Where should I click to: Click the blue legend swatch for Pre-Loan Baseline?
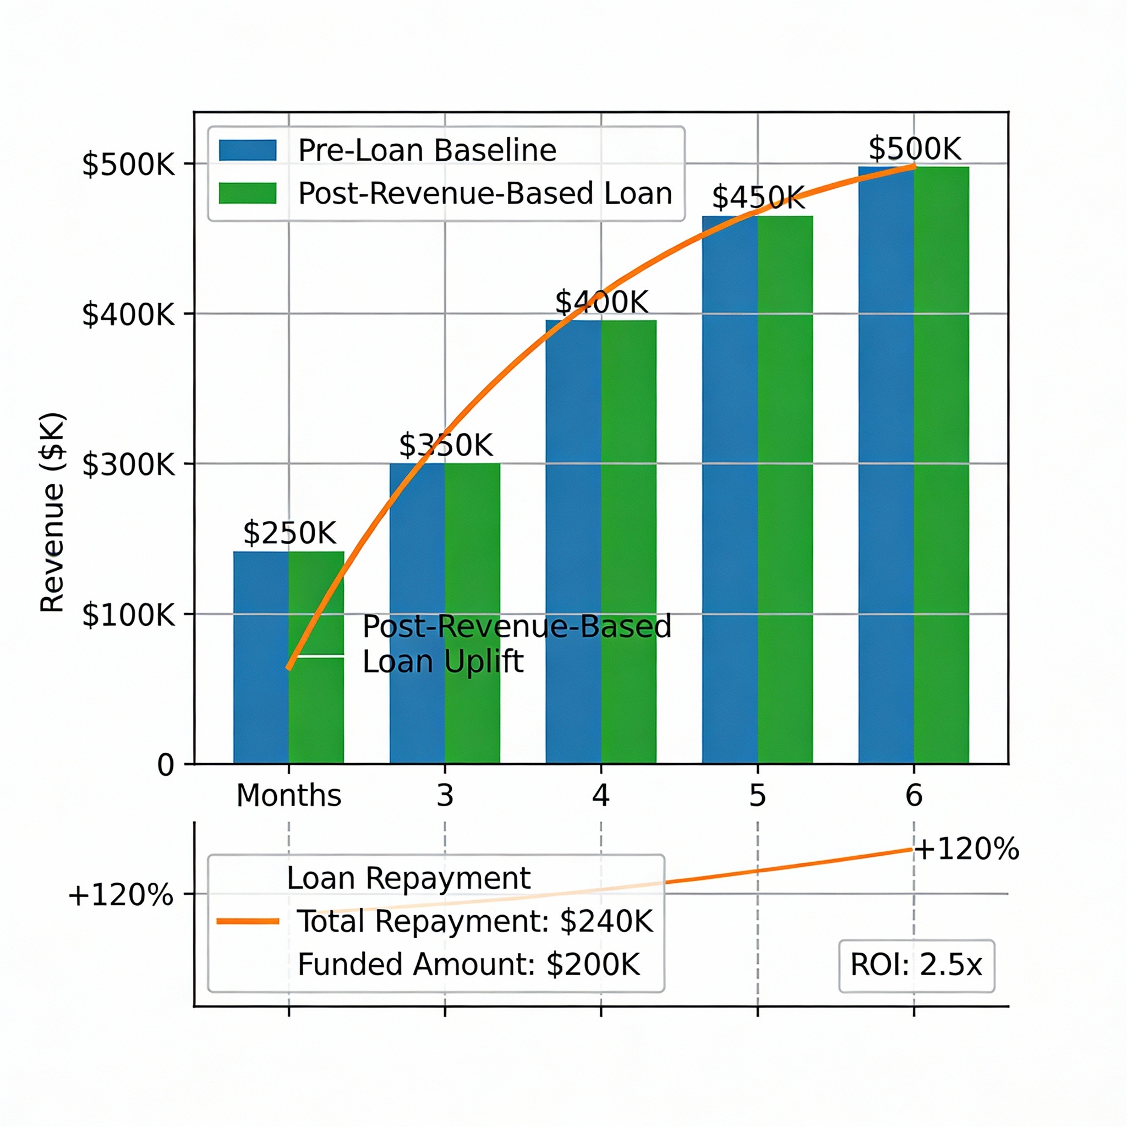[247, 150]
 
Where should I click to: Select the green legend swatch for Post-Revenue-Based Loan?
[247, 193]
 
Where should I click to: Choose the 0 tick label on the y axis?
[166, 765]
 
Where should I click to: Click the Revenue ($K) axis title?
[52, 513]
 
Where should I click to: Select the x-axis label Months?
[288, 796]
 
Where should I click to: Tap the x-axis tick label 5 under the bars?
[757, 796]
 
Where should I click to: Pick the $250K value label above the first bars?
[289, 533]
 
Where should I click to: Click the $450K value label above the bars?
[758, 197]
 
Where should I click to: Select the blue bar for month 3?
[417, 612]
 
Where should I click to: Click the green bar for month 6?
[941, 467]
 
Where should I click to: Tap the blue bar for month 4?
[573, 543]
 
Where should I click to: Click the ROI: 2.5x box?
[916, 965]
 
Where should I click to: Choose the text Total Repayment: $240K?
[475, 922]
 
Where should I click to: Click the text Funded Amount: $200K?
[468, 965]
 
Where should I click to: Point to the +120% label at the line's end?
[966, 849]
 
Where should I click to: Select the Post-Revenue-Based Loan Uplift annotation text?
[516, 644]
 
